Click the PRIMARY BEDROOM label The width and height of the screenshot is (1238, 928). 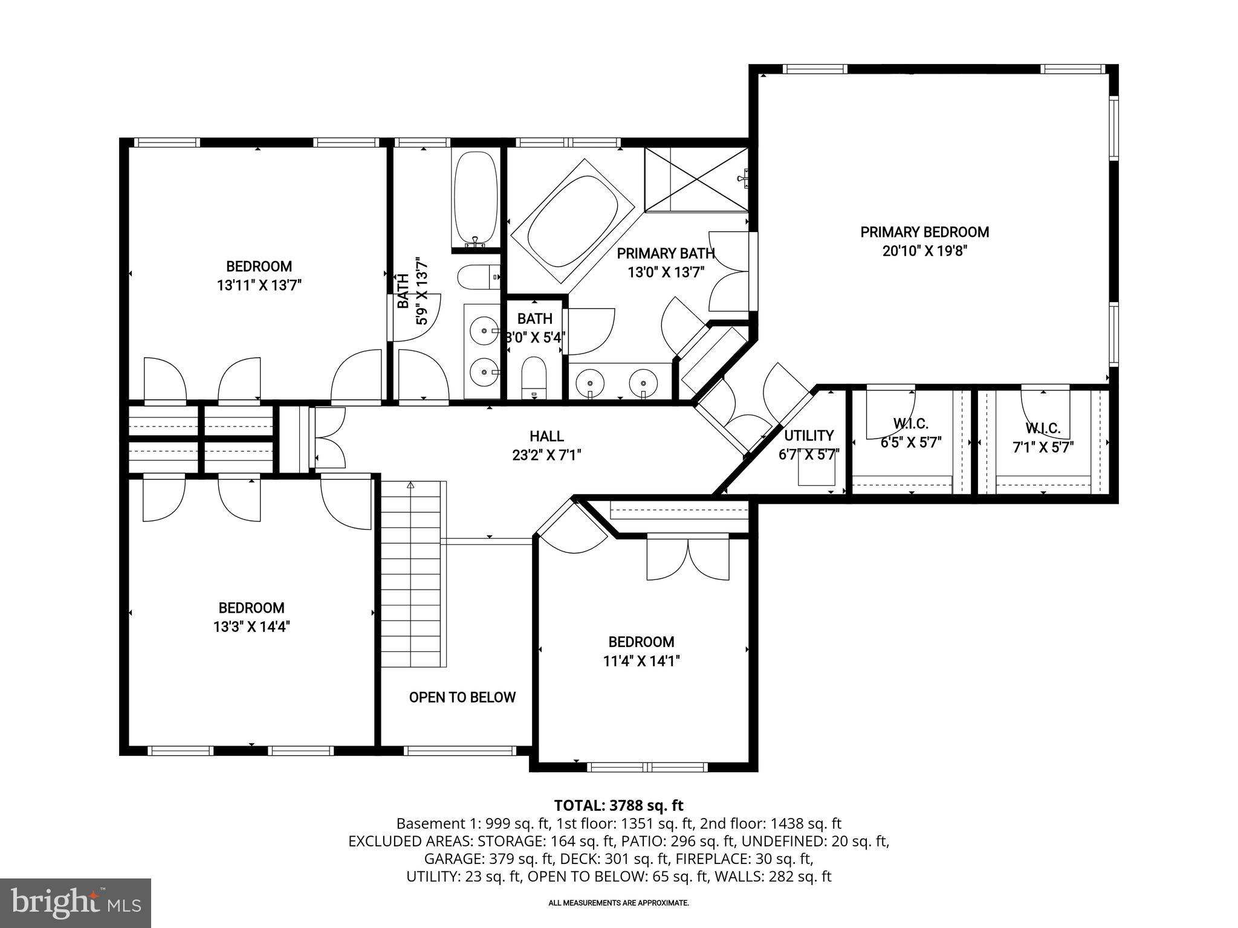[x=924, y=232]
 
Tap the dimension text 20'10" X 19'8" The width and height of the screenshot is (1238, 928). [x=925, y=251]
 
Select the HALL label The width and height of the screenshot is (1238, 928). [x=546, y=436]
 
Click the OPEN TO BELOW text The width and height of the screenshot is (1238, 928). [x=462, y=698]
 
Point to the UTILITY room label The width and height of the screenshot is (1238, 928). [x=809, y=436]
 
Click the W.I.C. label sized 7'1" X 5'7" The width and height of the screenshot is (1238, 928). [x=1043, y=429]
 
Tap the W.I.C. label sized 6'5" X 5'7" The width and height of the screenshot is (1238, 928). [x=910, y=424]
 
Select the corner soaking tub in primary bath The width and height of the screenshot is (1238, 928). [x=572, y=221]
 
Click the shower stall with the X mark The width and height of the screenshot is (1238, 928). [x=695, y=179]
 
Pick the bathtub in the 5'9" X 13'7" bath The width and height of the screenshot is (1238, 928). [x=476, y=199]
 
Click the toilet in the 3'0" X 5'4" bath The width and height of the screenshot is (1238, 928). [x=534, y=375]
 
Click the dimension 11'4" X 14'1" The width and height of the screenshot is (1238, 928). [x=641, y=662]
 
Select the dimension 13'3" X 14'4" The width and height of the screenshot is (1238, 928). [x=251, y=627]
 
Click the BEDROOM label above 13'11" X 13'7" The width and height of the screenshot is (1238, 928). [x=259, y=266]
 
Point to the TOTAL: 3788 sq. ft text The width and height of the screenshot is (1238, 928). [x=618, y=805]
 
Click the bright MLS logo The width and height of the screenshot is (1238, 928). [x=76, y=903]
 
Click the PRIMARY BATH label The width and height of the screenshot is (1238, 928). [x=666, y=253]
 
